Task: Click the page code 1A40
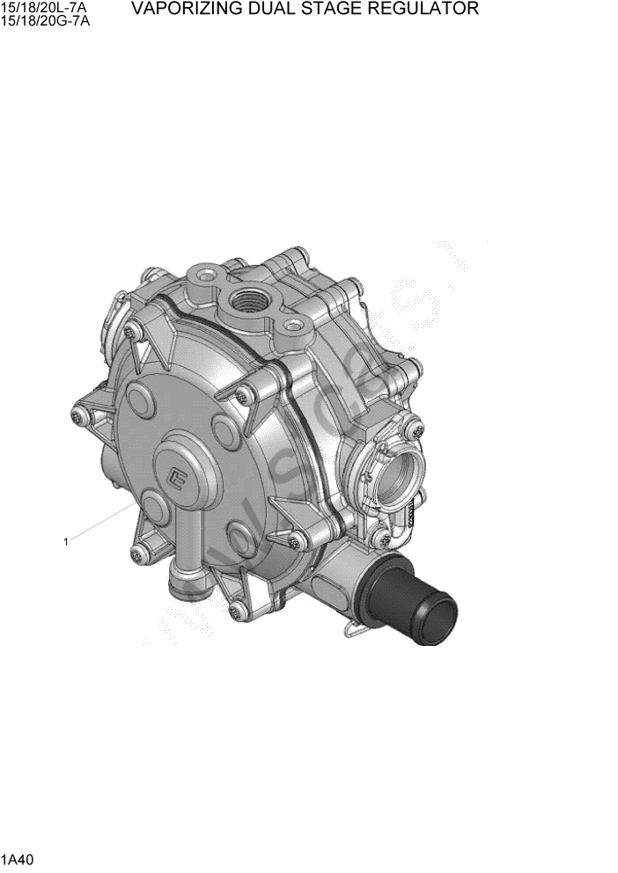pyautogui.click(x=17, y=857)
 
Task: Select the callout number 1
pyautogui.click(x=65, y=541)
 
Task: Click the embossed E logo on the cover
pyautogui.click(x=180, y=479)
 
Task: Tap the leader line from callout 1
pyautogui.click(x=101, y=523)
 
